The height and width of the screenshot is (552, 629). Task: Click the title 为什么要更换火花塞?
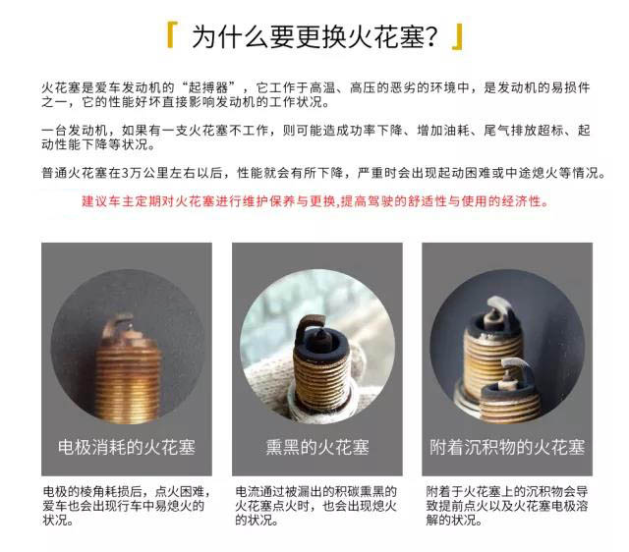point(314,37)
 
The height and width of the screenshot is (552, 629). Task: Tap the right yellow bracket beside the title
point(458,37)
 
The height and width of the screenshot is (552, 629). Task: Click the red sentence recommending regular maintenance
point(314,200)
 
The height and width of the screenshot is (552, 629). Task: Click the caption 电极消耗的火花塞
point(127,447)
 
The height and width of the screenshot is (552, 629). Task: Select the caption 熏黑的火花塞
point(316,447)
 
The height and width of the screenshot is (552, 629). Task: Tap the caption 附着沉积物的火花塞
point(507,447)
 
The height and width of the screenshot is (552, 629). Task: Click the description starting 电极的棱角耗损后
point(126,506)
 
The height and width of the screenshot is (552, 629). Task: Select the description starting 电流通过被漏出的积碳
point(315,506)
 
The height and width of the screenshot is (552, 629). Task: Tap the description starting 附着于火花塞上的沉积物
point(507,506)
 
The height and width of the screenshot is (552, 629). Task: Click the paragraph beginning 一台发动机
point(315,137)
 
